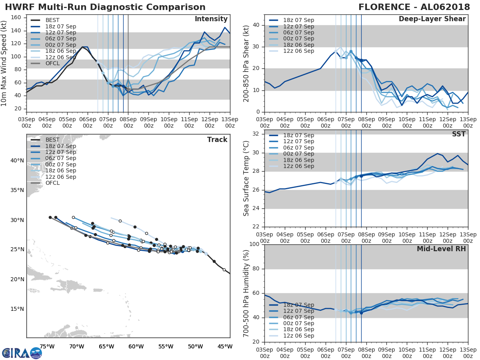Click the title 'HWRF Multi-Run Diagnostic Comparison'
[x=105, y=7]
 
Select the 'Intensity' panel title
[x=211, y=19]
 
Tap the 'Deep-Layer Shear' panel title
[x=432, y=19]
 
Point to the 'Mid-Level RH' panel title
[x=441, y=249]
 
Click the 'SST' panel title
[x=459, y=134]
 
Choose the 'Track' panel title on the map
[x=217, y=140]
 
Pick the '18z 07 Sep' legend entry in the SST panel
[x=298, y=135]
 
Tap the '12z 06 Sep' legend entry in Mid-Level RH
[x=298, y=336]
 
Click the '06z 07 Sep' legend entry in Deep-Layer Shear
[x=298, y=32]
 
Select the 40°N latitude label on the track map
[x=17, y=160]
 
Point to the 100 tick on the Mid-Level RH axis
[x=254, y=244]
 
